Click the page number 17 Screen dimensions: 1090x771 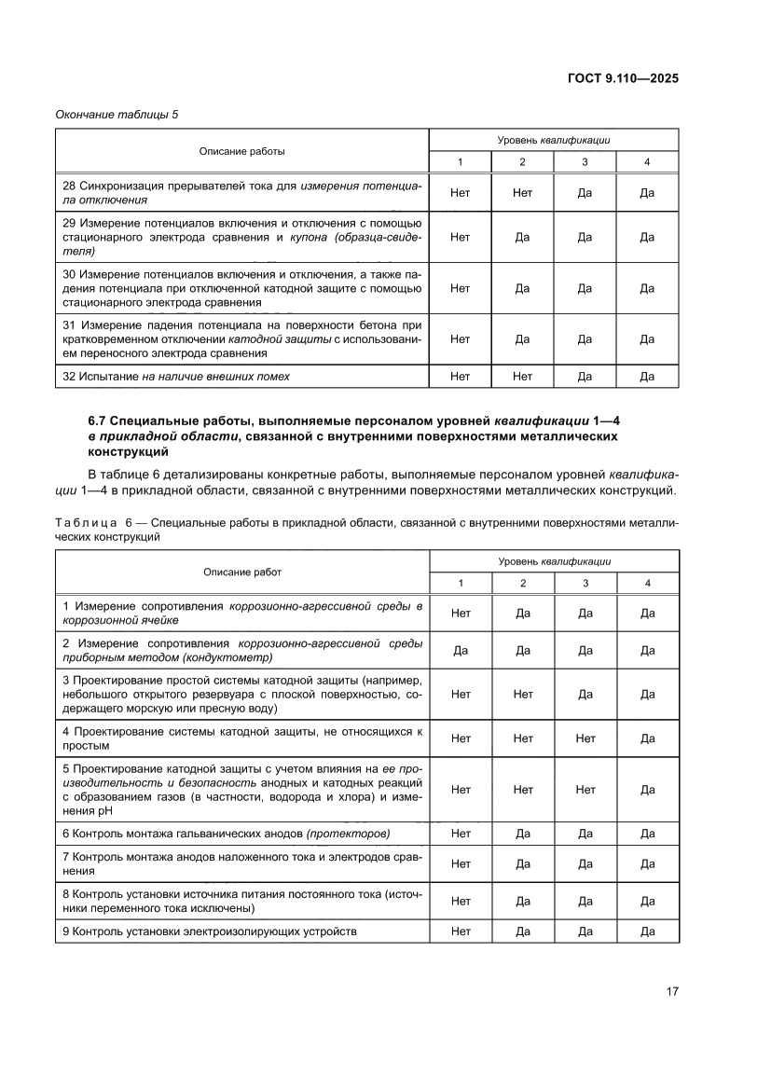(x=671, y=991)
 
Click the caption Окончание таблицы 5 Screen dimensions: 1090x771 (x=117, y=115)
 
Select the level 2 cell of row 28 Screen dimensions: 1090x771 (x=522, y=193)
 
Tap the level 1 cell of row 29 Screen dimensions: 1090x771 (x=460, y=237)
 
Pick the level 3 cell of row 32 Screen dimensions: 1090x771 (x=585, y=377)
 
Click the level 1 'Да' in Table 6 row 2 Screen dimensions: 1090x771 (x=460, y=650)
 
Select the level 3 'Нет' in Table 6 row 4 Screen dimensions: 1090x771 (x=585, y=738)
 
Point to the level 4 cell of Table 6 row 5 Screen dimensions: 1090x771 (x=647, y=789)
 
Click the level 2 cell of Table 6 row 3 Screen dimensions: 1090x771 (x=522, y=694)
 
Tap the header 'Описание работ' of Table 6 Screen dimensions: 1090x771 (x=242, y=572)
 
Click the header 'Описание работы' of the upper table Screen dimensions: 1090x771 (x=242, y=150)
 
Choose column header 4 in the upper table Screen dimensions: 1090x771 (x=647, y=162)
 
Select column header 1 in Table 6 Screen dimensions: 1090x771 (x=460, y=583)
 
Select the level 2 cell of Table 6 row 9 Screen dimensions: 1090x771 (x=522, y=931)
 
